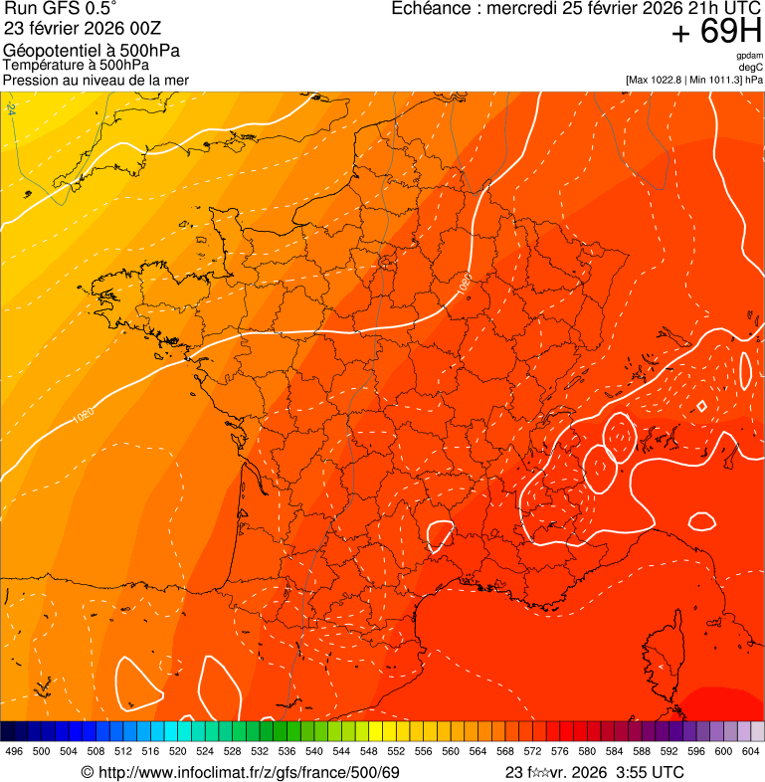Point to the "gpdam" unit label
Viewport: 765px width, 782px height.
tap(750, 57)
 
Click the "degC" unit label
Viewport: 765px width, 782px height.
tap(751, 68)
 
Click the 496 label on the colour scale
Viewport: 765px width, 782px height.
tap(14, 751)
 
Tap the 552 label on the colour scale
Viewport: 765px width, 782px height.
tap(423, 751)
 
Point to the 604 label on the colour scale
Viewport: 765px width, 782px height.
tap(751, 751)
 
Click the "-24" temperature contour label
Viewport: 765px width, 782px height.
tap(11, 107)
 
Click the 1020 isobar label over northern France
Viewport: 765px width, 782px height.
tap(465, 282)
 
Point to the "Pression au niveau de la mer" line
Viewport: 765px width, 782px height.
tap(96, 80)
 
